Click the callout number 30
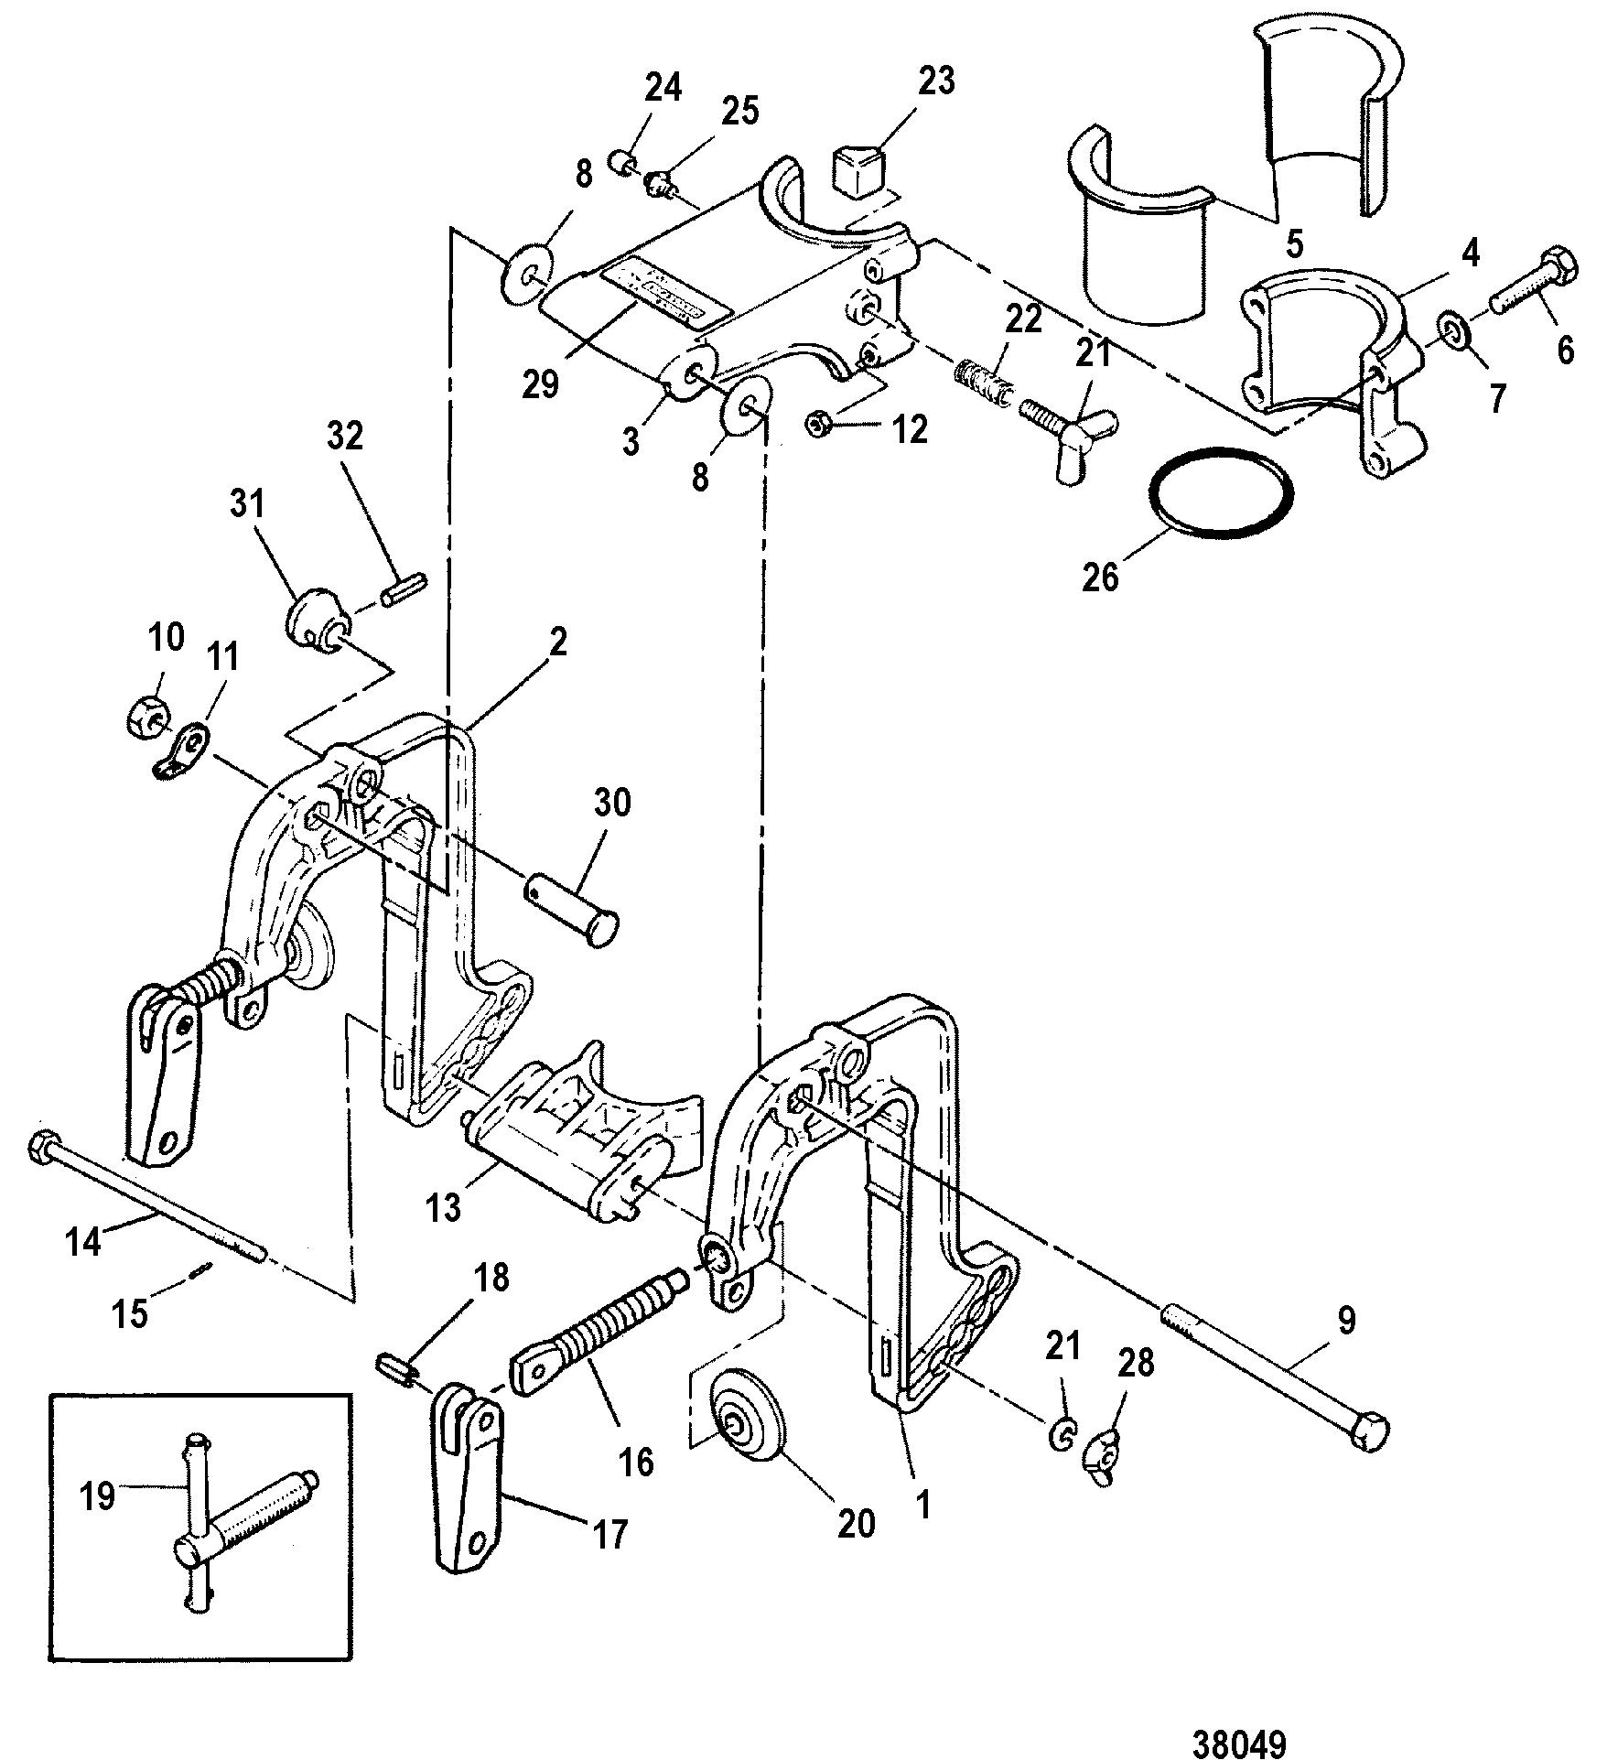tap(611, 803)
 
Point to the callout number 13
tap(444, 1207)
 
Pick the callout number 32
tap(345, 436)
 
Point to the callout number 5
tap(1295, 244)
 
